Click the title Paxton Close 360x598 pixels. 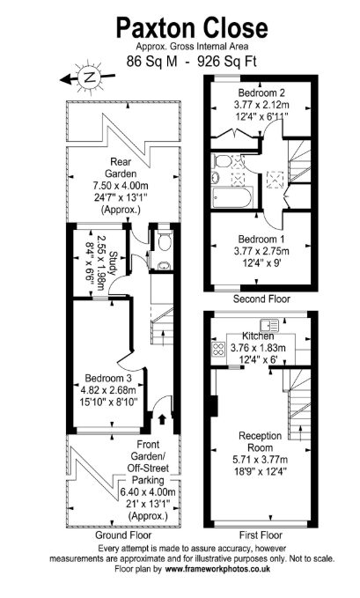192,27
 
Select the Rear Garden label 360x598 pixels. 121,167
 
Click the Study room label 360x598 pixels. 114,262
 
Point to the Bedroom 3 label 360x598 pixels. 108,378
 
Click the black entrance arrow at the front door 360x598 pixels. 162,418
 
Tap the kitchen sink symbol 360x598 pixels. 269,325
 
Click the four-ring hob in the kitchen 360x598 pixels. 218,349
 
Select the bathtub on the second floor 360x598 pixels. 231,198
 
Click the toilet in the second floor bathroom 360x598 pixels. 221,161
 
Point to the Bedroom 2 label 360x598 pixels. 261,92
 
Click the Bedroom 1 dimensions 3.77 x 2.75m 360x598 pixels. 261,251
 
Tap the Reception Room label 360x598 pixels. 261,441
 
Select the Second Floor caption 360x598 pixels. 261,299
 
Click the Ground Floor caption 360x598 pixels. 123,535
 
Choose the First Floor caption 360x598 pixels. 261,535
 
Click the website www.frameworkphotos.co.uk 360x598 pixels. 217,569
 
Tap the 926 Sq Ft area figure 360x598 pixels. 226,62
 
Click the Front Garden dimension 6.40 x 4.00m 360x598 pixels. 148,492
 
